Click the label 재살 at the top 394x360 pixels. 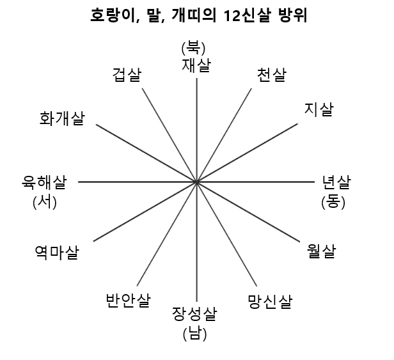click(x=196, y=64)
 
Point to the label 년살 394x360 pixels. click(x=336, y=184)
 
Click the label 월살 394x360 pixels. click(x=321, y=251)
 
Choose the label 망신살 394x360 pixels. click(x=270, y=301)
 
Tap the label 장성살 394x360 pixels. click(x=194, y=315)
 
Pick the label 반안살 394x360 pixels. click(x=129, y=300)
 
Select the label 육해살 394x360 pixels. click(x=44, y=184)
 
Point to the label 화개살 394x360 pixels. click(x=62, y=118)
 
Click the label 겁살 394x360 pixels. click(x=127, y=75)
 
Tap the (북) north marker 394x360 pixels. click(x=196, y=48)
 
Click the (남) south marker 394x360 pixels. click(x=194, y=333)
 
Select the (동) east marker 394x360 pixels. click(x=333, y=202)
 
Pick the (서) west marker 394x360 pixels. click(x=45, y=202)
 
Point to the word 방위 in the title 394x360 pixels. click(x=294, y=16)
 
